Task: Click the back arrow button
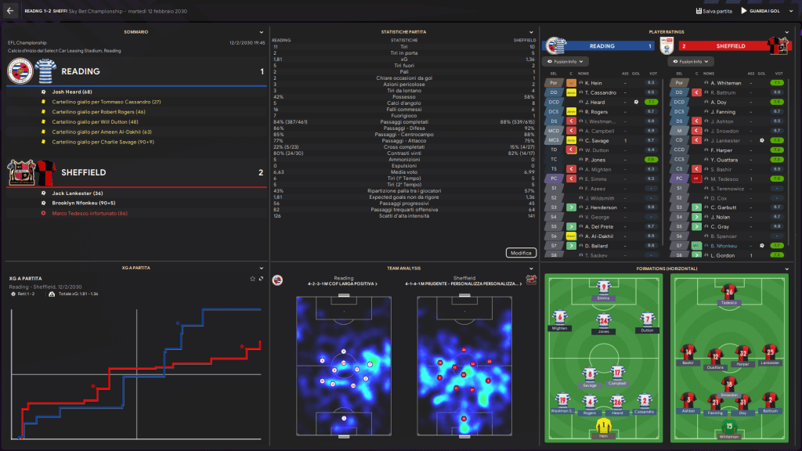point(10,11)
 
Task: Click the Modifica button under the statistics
point(521,253)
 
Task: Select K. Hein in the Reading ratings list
point(593,82)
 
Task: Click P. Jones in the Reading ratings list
point(594,159)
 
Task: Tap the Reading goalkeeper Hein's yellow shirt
point(604,425)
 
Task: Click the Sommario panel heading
point(135,31)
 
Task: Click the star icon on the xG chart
point(252,279)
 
